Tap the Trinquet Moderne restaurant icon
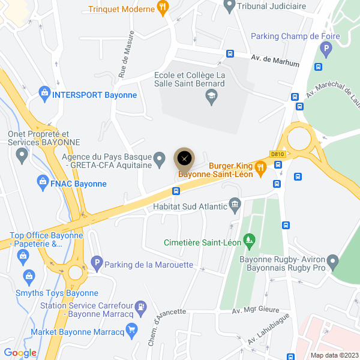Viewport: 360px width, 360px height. point(163,7)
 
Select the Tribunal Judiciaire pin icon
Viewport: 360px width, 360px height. point(228,7)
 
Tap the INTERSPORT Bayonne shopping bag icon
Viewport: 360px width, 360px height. point(43,94)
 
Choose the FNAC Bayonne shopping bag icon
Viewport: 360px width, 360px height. point(42,181)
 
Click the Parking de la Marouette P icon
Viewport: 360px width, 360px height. point(96,263)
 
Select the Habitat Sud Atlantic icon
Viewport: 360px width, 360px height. point(235,206)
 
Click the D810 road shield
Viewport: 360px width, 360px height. point(277,154)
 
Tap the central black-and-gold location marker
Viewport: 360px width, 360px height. point(184,158)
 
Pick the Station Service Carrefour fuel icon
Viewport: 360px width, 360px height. point(140,306)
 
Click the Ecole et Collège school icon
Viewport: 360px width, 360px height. point(211,97)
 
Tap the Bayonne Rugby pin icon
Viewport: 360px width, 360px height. point(333,262)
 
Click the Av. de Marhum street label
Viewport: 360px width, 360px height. point(274,61)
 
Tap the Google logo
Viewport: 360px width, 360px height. point(20,353)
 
